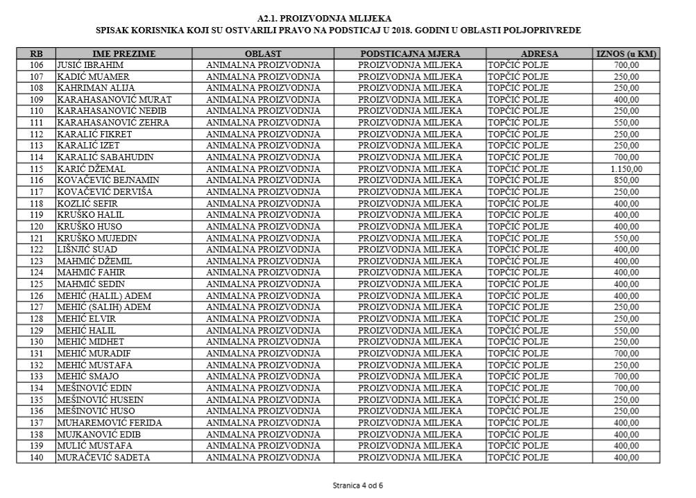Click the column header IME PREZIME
[124, 53]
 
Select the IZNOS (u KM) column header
[626, 53]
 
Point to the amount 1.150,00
[626, 169]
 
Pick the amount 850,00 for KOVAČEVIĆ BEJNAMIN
[626, 180]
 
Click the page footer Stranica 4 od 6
[357, 486]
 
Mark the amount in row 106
[626, 65]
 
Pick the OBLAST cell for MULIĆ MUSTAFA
[263, 445]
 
